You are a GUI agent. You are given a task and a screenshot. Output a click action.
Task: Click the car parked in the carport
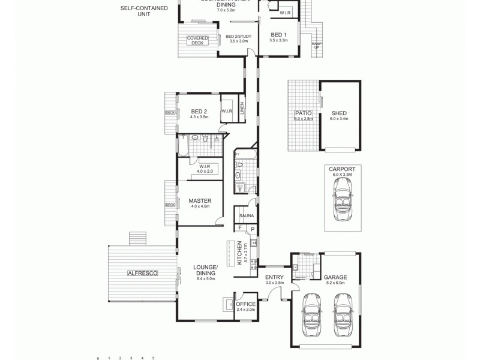(x=342, y=199)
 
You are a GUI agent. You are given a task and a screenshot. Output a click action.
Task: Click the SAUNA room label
(x=246, y=215)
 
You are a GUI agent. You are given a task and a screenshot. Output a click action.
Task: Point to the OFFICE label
(x=245, y=304)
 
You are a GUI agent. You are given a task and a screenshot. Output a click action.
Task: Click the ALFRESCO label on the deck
(x=142, y=273)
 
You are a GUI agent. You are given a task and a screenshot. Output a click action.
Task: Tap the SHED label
(x=339, y=113)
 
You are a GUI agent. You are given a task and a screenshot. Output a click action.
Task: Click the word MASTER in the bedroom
(x=198, y=201)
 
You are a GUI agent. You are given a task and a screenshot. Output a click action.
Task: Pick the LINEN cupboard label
(x=242, y=109)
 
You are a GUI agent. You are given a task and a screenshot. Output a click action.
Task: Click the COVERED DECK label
(x=197, y=40)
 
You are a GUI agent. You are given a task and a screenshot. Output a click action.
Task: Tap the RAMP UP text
(x=316, y=46)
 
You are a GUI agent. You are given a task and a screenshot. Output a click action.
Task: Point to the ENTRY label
(x=274, y=277)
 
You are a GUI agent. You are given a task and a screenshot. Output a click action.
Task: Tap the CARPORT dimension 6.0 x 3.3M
(x=342, y=175)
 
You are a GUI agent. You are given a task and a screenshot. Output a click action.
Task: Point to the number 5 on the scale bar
(x=153, y=358)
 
